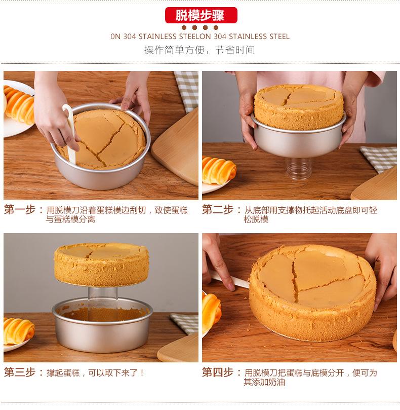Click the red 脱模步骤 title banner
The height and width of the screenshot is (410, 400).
pos(201,15)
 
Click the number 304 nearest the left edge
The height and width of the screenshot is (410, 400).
pos(129,36)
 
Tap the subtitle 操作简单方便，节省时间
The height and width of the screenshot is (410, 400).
pos(199,50)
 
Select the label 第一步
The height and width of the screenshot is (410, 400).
pos(20,209)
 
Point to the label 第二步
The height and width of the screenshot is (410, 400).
pos(218,209)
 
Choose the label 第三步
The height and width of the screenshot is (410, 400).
pos(20,372)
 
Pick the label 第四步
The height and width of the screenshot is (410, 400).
pos(218,372)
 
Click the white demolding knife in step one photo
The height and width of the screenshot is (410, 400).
pos(70,133)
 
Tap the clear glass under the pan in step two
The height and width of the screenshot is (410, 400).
pos(298,168)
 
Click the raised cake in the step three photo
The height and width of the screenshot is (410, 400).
pos(101,264)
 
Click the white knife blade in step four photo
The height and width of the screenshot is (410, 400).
pos(230,279)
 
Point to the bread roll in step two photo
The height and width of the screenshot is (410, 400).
pos(218,169)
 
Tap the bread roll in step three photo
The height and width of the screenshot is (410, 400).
pos(18,330)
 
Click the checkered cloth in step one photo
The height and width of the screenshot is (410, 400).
pos(187,89)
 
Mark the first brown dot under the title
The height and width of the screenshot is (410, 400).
pos(184,27)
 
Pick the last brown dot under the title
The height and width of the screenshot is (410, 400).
pos(216,27)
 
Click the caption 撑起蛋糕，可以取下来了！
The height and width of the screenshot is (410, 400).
pos(95,372)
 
